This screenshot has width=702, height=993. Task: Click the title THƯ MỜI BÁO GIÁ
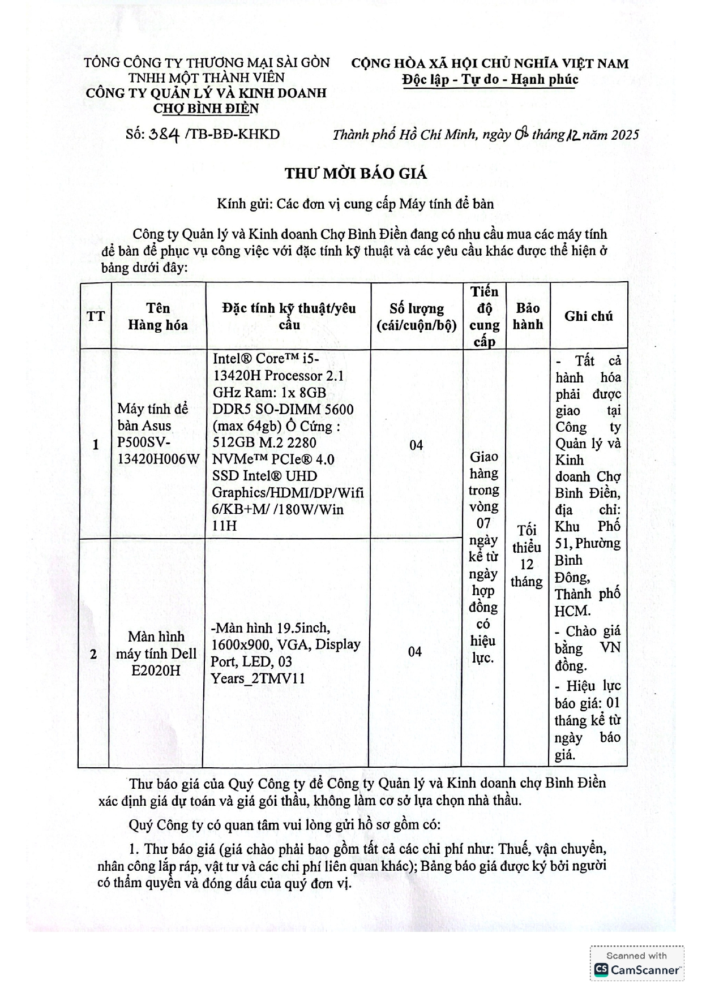356,174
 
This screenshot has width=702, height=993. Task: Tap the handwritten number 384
164,135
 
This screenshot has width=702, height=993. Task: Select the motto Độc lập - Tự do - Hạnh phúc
490,79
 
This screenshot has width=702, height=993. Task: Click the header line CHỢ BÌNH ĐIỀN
206,108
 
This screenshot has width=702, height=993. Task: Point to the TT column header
96,316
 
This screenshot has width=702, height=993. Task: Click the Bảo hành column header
528,316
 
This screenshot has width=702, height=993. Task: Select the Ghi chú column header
588,316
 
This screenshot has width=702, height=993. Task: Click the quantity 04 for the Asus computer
416,445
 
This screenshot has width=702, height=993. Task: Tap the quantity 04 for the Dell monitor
415,652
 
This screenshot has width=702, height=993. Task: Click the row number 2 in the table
93,654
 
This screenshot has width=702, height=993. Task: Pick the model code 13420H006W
159,459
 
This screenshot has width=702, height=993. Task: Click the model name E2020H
156,670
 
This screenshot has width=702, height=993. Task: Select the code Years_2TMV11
258,678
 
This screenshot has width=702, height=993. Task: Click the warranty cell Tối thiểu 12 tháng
526,556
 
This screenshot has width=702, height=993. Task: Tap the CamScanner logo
637,970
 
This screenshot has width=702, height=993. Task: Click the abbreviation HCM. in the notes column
573,611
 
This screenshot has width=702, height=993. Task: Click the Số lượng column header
416,316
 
